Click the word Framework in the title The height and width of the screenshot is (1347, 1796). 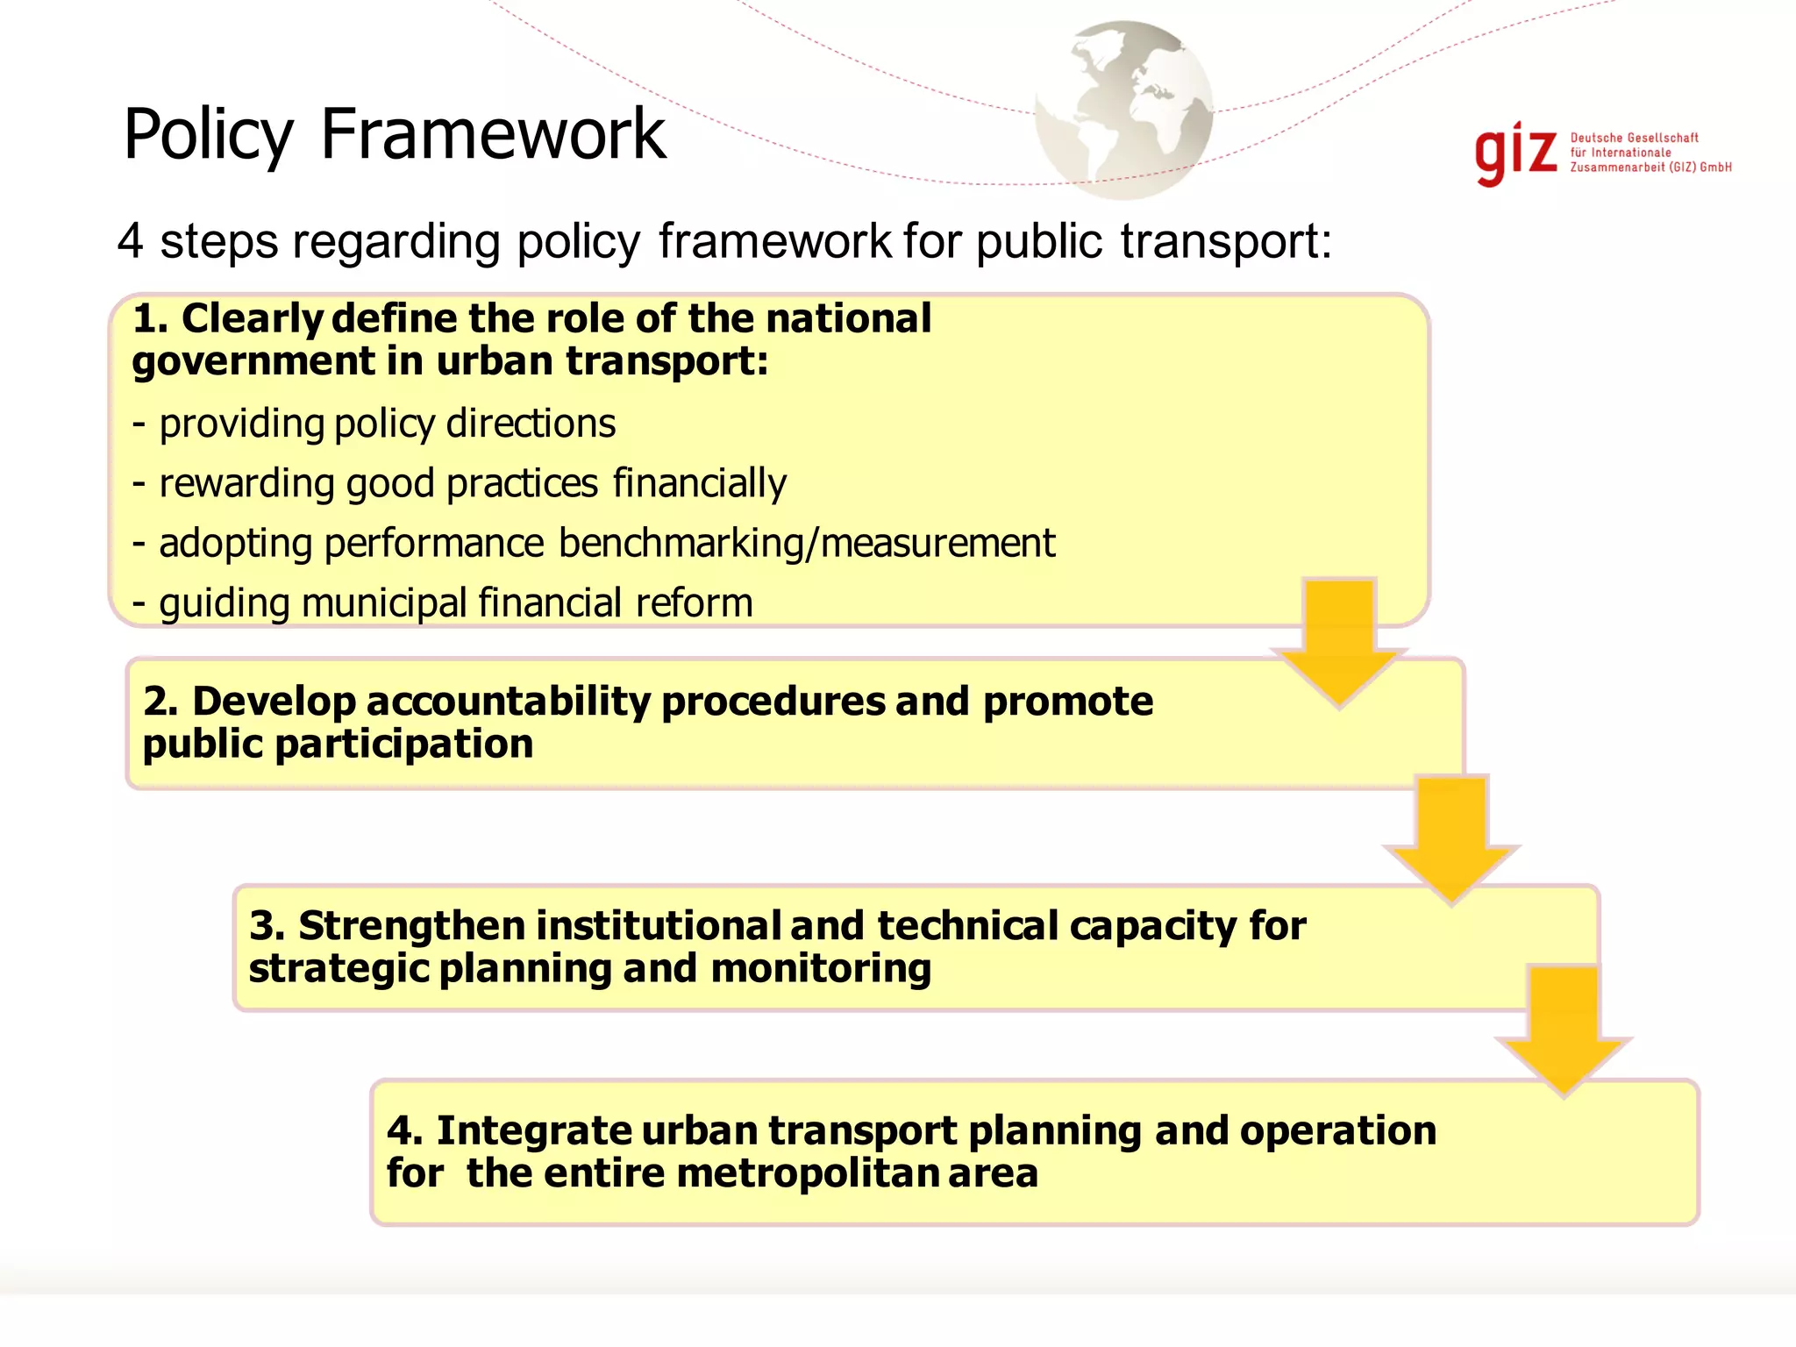(x=493, y=133)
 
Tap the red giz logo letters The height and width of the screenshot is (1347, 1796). (x=1515, y=153)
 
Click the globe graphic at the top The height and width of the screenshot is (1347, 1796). (x=1124, y=110)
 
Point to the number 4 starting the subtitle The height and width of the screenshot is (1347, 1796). (x=130, y=240)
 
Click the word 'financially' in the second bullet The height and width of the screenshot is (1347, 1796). (x=699, y=483)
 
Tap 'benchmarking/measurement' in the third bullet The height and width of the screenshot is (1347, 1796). (x=806, y=543)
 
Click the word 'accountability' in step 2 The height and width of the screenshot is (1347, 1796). (x=510, y=702)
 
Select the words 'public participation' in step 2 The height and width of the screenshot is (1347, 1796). (x=338, y=745)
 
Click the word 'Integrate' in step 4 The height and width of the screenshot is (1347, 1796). (x=533, y=1130)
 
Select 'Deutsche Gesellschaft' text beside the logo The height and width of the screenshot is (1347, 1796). (x=1634, y=138)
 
